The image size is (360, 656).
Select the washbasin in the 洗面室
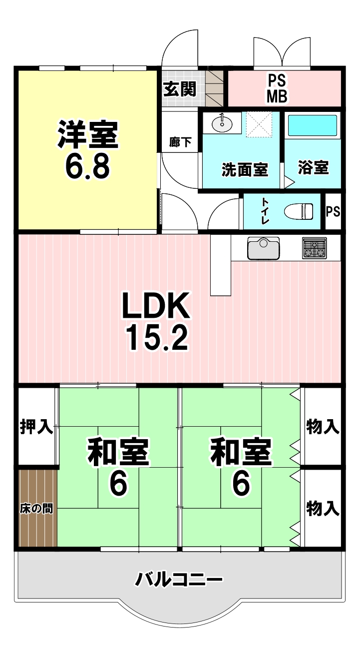(x=222, y=123)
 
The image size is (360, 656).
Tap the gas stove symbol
(x=314, y=248)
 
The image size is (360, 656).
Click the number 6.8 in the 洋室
(x=87, y=168)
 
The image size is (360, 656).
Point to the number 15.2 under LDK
(x=156, y=338)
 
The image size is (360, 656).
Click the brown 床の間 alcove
(x=37, y=508)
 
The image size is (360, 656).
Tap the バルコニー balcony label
(x=179, y=580)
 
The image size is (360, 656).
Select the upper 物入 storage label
(x=323, y=427)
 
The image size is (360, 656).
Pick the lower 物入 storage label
(x=323, y=509)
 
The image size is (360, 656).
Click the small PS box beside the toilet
(x=333, y=211)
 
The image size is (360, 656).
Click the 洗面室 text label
(x=245, y=170)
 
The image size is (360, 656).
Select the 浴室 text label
(x=314, y=168)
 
